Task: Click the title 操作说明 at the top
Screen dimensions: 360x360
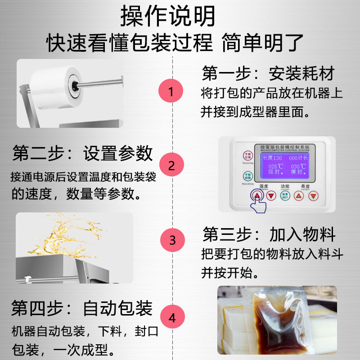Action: pyautogui.click(x=168, y=17)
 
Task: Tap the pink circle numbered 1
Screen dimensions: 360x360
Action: pyautogui.click(x=171, y=91)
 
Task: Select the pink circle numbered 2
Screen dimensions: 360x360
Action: pyautogui.click(x=171, y=165)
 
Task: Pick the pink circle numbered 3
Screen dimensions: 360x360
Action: pyautogui.click(x=172, y=239)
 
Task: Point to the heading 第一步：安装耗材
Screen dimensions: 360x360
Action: pyautogui.click(x=268, y=73)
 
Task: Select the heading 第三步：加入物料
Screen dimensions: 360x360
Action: pyautogui.click(x=269, y=234)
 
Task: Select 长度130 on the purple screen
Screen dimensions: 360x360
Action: pyautogui.click(x=272, y=158)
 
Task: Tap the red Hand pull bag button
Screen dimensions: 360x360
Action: pyautogui.click(x=247, y=156)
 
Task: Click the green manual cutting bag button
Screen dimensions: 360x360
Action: pyautogui.click(x=247, y=176)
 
